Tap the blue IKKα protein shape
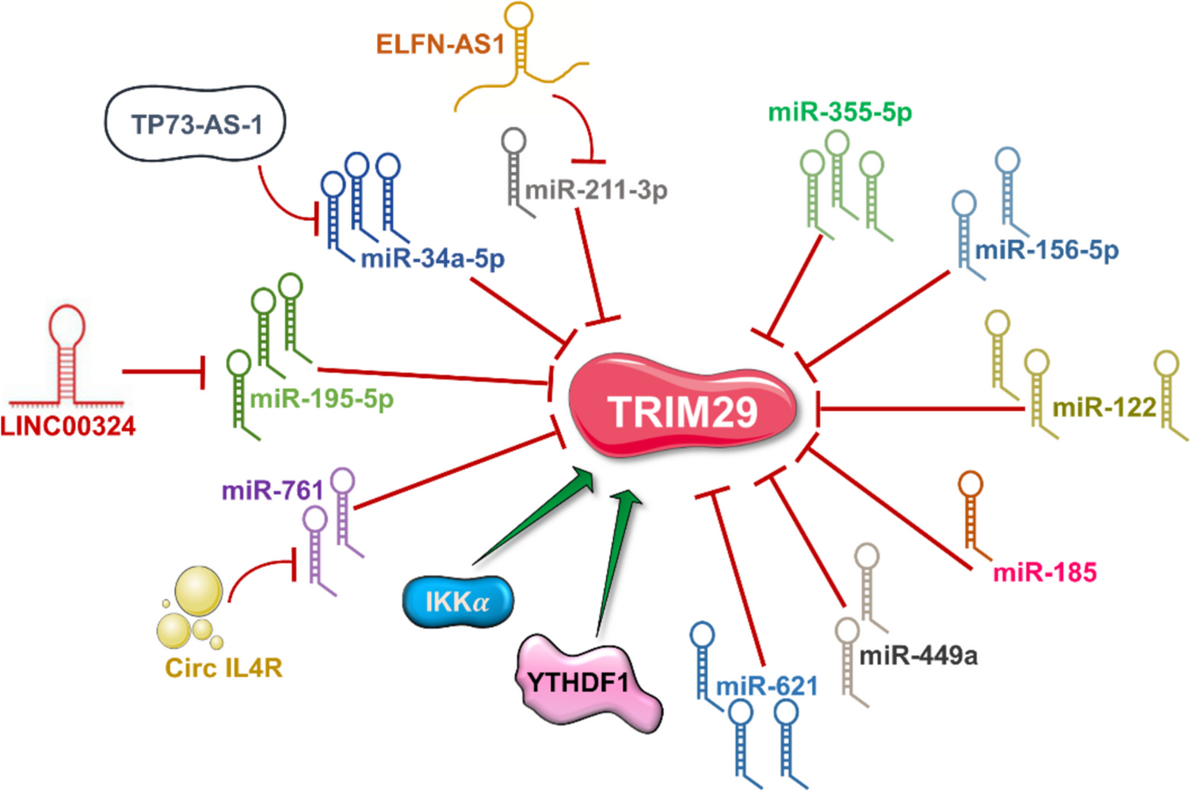click(x=458, y=602)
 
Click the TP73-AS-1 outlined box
click(x=196, y=125)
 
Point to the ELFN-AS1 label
click(x=440, y=44)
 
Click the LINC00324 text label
click(x=68, y=426)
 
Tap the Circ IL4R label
click(x=223, y=668)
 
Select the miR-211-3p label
click(x=597, y=190)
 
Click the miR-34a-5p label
click(x=433, y=258)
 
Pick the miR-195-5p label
click(x=322, y=398)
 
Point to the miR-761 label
click(x=273, y=491)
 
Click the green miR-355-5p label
click(x=840, y=112)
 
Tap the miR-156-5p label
click(x=1047, y=250)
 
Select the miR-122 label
click(x=1104, y=407)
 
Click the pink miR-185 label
click(x=1045, y=572)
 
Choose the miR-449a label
click(x=918, y=656)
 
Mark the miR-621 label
click(x=767, y=686)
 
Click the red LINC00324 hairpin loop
click(x=67, y=326)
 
